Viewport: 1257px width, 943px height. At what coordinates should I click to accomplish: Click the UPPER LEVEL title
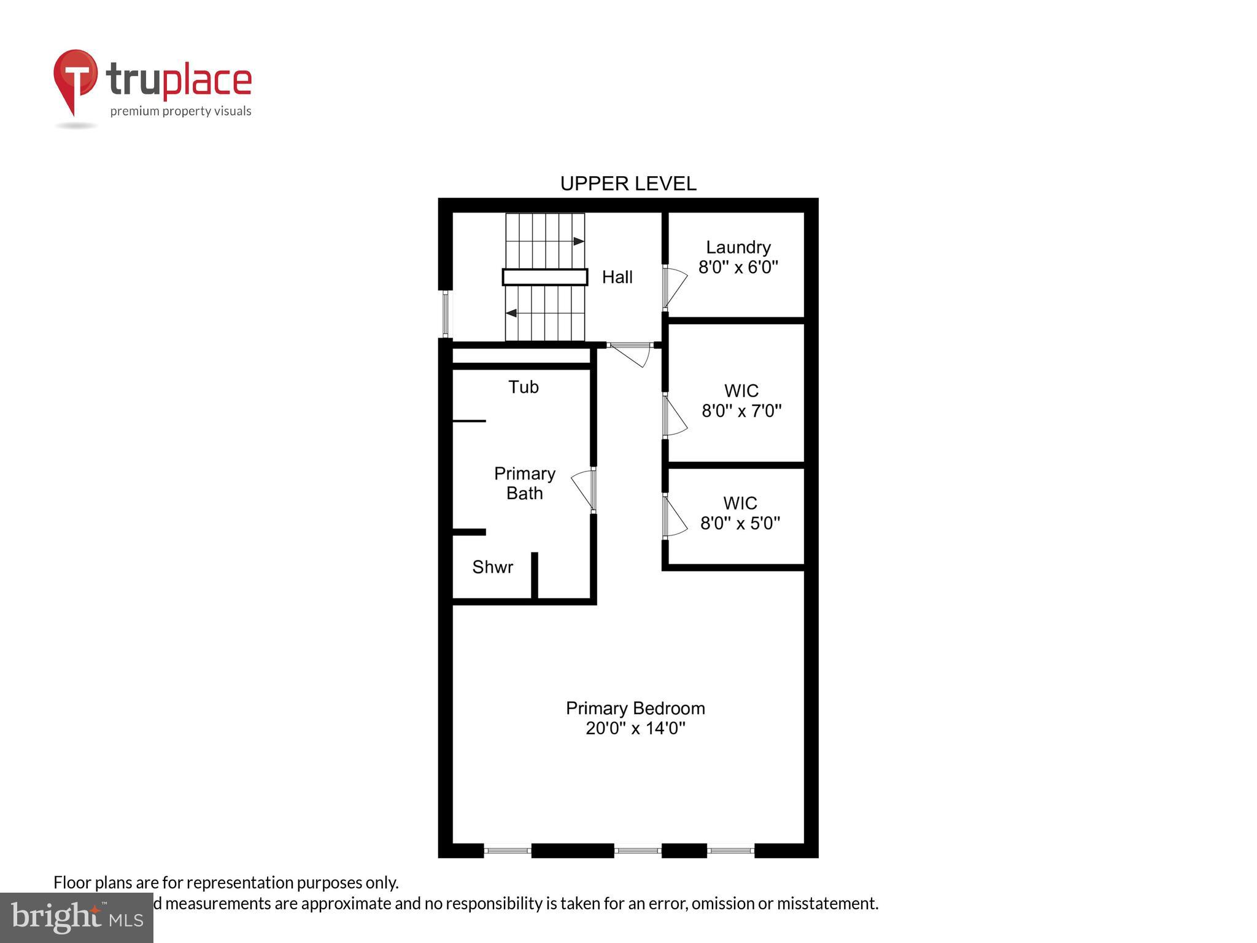[x=628, y=184]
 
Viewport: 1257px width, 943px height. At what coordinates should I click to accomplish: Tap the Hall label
[x=617, y=277]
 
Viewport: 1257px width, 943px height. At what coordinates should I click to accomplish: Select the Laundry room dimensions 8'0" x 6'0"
[x=738, y=267]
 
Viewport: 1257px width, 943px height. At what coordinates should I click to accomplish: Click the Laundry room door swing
[x=675, y=287]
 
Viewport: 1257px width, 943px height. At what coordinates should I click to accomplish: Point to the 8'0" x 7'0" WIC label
[x=741, y=410]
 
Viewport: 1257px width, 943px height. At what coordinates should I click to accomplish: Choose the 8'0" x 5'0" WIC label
[x=740, y=523]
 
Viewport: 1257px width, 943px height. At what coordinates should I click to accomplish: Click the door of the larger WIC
[x=674, y=416]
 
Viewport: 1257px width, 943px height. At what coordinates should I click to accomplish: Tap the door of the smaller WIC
[x=674, y=517]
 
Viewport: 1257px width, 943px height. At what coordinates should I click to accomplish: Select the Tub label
[x=523, y=387]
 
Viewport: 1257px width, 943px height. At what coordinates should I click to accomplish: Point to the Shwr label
[x=492, y=567]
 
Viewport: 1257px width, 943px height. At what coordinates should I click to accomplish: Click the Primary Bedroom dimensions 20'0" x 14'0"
[x=635, y=729]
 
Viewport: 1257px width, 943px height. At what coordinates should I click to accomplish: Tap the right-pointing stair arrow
[x=578, y=241]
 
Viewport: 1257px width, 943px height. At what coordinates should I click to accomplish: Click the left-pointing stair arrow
[x=511, y=313]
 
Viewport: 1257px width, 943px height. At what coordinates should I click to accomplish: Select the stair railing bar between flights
[x=544, y=277]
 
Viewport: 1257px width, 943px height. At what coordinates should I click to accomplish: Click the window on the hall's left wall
[x=446, y=314]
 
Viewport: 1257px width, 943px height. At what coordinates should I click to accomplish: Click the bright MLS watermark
[x=77, y=918]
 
